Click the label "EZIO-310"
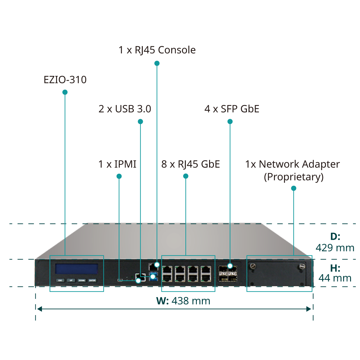pos(65,79)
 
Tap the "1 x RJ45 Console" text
pos(157,50)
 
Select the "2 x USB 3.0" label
pos(125,109)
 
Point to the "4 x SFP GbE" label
pos(232,109)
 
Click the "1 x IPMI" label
pos(117,164)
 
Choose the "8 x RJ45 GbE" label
pos(190,164)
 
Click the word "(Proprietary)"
pos(294,177)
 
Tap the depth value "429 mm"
pos(335,248)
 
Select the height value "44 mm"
pos(335,278)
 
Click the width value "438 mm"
pos(191,301)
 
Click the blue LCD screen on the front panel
pos(76,269)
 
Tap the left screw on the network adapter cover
pos(253,266)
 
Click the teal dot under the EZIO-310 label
pos(65,92)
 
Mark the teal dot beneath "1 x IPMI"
pos(119,176)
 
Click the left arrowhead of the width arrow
pos(40,309)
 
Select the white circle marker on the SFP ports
pos(230,266)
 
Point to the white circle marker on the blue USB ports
pos(153,277)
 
